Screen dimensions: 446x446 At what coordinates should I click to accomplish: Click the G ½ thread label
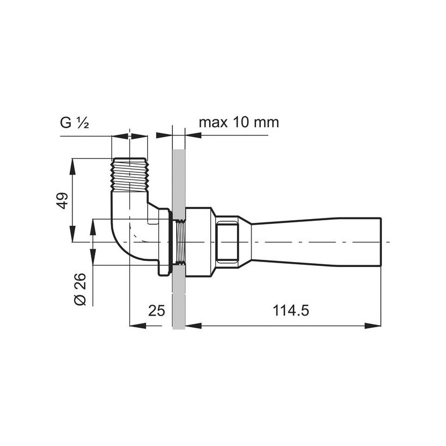(75, 123)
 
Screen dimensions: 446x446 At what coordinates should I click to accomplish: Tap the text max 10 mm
(239, 123)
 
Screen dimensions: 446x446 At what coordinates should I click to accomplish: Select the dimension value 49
(62, 201)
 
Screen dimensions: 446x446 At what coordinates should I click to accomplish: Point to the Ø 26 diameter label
(80, 289)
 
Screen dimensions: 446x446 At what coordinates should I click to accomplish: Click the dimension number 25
(157, 311)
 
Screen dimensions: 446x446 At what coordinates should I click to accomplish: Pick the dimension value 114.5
(290, 311)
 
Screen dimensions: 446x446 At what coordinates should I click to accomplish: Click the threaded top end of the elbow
(130, 174)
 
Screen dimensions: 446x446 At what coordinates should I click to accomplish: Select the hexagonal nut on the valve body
(227, 242)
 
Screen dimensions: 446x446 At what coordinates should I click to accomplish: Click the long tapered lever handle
(316, 242)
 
